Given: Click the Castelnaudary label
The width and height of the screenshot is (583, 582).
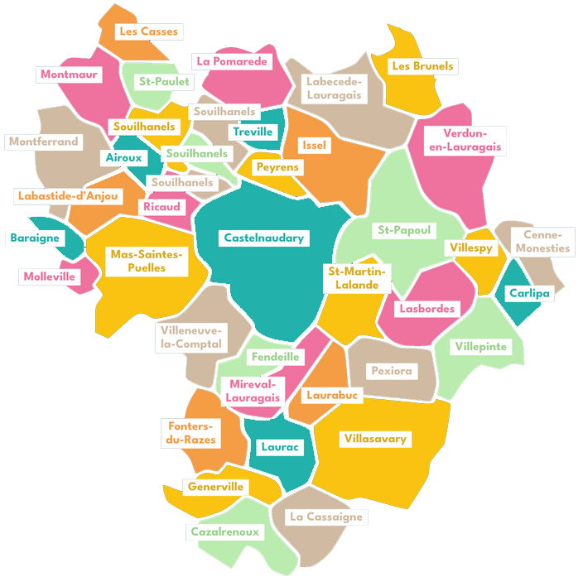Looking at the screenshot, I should pos(264,238).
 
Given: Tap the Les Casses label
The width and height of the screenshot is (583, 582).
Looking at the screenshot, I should pos(148,31).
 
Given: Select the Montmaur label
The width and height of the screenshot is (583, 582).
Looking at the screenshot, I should pos(70,75).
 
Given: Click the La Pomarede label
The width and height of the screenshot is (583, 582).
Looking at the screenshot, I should pos(232,62).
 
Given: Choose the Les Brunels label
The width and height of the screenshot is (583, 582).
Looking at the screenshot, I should pos(423,65).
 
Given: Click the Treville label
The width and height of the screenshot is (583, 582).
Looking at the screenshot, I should pos(253,132).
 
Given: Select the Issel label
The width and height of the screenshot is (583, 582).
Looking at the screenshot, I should pos(315,145).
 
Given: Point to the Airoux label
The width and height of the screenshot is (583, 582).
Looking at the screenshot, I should pos(123,157).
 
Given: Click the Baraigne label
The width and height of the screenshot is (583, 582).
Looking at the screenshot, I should pos(35,238).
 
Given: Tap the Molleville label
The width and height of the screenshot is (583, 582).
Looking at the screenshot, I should pos(49,277).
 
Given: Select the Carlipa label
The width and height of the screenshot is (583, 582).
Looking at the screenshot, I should pos(528,293).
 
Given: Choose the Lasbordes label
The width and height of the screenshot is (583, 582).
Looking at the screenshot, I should pos(426,309).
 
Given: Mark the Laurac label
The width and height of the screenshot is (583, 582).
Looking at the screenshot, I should pos(278,447).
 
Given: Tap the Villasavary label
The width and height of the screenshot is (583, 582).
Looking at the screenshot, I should pos(375,439).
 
